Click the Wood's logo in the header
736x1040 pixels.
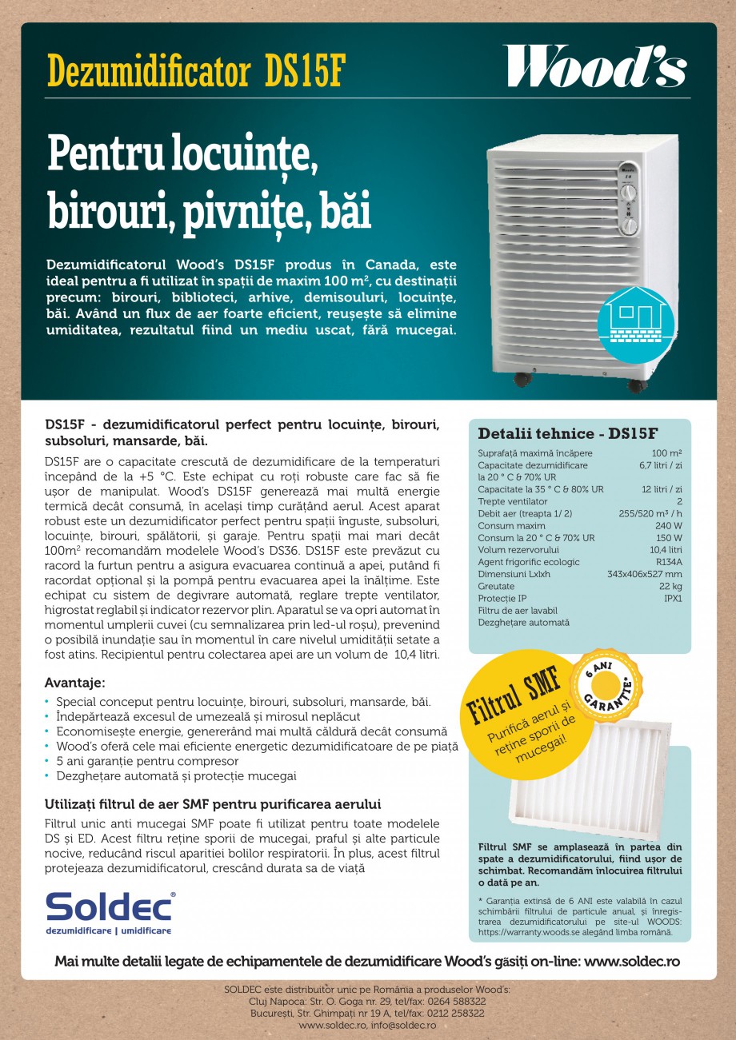(x=594, y=67)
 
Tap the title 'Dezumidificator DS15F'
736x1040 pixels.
(x=197, y=71)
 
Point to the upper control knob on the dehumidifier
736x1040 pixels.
(x=628, y=192)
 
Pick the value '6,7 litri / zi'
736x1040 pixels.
(x=660, y=464)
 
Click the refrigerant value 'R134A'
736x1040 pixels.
(x=668, y=562)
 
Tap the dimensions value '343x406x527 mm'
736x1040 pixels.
(x=644, y=574)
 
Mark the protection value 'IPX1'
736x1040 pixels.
(x=672, y=598)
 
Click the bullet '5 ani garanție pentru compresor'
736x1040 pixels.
(x=147, y=761)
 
